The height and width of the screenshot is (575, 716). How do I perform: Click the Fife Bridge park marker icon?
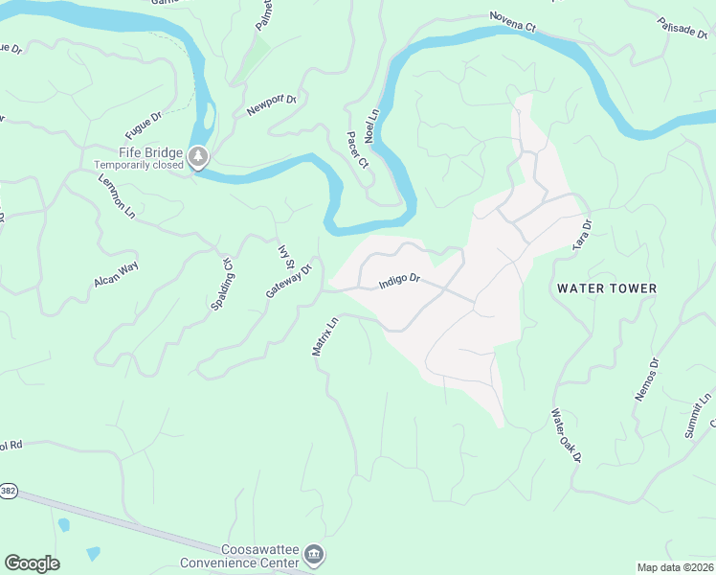pos(198,156)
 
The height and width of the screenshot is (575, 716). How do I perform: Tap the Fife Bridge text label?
pos(150,151)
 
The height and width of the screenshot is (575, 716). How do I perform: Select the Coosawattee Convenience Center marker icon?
pos(313,555)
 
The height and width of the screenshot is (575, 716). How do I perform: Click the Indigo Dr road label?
pos(399,281)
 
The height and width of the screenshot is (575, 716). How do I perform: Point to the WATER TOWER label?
pos(607,288)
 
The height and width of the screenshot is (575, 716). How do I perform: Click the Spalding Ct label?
pos(222,284)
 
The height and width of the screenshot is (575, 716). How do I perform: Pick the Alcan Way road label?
pos(116,274)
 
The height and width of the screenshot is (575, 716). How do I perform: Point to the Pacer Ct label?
pos(357,149)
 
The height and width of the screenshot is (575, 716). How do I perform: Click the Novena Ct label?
pos(512,21)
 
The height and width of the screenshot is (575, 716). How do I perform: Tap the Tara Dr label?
pos(582,235)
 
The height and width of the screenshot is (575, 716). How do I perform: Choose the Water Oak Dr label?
pos(566,436)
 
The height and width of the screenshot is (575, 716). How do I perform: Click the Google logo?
pos(32,563)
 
